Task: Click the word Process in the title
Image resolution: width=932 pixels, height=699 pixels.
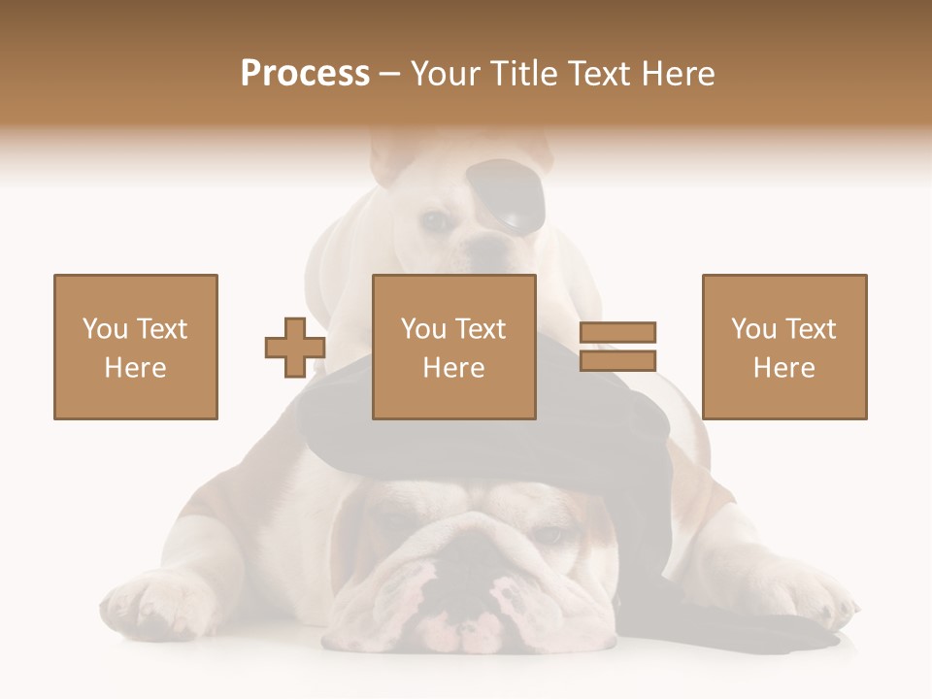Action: pos(305,74)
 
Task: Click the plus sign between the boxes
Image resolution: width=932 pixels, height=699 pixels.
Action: pos(295,348)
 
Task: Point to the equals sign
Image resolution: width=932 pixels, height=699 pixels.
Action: pos(618,347)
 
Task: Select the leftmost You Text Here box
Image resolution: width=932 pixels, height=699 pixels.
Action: pos(136,347)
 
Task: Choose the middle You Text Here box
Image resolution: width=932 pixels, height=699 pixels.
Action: pos(454,347)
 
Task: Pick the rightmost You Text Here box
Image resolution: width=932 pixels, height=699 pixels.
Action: pos(784,347)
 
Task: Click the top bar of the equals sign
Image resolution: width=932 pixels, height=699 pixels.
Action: pos(618,333)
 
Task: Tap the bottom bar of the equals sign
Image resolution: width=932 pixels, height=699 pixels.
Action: pos(618,360)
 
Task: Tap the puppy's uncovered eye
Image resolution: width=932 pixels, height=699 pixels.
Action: pos(436,221)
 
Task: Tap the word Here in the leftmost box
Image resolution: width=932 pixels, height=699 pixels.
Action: pos(136,368)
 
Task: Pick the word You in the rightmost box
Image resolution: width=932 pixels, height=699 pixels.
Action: pos(753,329)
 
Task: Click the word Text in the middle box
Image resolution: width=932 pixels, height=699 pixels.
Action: pos(481,329)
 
